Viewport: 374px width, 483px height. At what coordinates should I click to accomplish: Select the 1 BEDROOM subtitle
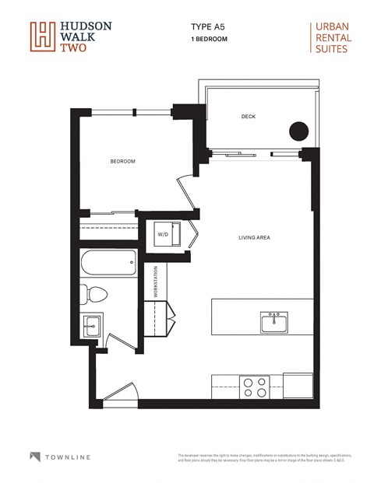209,37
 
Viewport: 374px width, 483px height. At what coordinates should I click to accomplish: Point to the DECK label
248,117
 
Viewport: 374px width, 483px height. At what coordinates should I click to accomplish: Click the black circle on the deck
298,131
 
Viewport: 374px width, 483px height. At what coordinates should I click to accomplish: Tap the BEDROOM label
122,161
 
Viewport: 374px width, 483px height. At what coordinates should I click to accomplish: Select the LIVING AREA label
254,237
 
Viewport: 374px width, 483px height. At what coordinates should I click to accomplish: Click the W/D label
164,233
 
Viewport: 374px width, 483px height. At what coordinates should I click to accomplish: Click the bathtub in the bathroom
108,264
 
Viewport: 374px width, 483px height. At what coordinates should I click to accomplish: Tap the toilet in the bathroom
94,294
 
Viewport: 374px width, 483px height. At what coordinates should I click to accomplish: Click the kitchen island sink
274,320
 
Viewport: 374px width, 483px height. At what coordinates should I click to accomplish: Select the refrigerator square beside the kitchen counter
298,384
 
